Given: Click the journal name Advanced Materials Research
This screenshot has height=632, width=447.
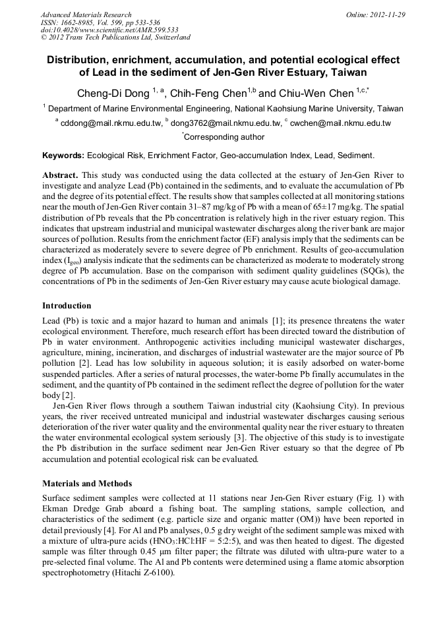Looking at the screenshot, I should (x=86, y=14).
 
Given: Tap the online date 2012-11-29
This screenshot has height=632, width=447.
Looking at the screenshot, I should (x=388, y=14).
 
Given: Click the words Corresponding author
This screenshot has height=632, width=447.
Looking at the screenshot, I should (x=224, y=137).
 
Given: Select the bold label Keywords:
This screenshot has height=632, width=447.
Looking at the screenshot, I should (x=63, y=156).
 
